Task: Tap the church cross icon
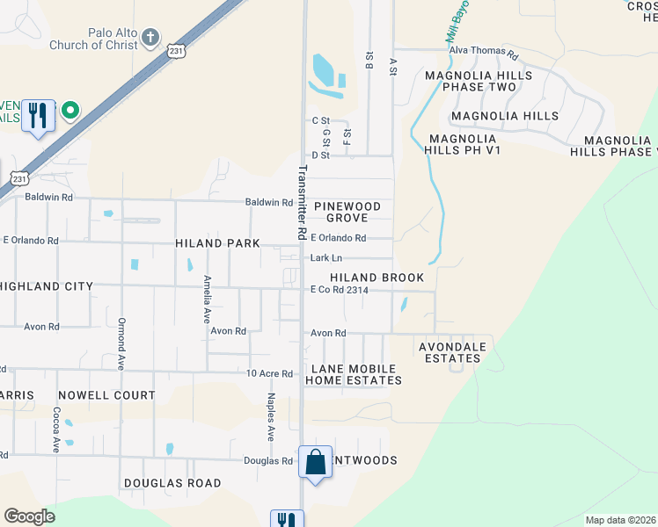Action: pos(151,38)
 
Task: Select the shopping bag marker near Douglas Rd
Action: pos(315,462)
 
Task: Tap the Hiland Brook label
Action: pos(377,278)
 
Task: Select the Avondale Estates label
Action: pos(456,351)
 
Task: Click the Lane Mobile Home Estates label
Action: pos(354,373)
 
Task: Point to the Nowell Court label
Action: pos(106,396)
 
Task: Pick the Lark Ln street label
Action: pos(325,258)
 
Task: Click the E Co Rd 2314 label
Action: pos(339,290)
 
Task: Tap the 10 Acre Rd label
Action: pos(269,374)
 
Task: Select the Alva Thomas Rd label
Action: pos(484,52)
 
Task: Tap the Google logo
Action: pos(30,516)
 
